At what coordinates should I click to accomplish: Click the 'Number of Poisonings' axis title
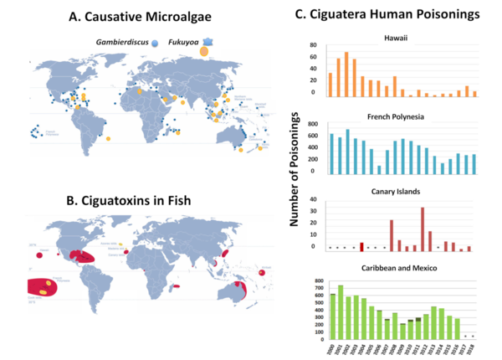[x=294, y=181]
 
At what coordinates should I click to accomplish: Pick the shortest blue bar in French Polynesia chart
[x=379, y=169]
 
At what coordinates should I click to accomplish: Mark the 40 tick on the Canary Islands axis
[x=313, y=201]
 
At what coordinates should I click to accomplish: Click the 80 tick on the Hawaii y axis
[x=313, y=45]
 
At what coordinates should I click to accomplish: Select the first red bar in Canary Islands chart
[x=361, y=246]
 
